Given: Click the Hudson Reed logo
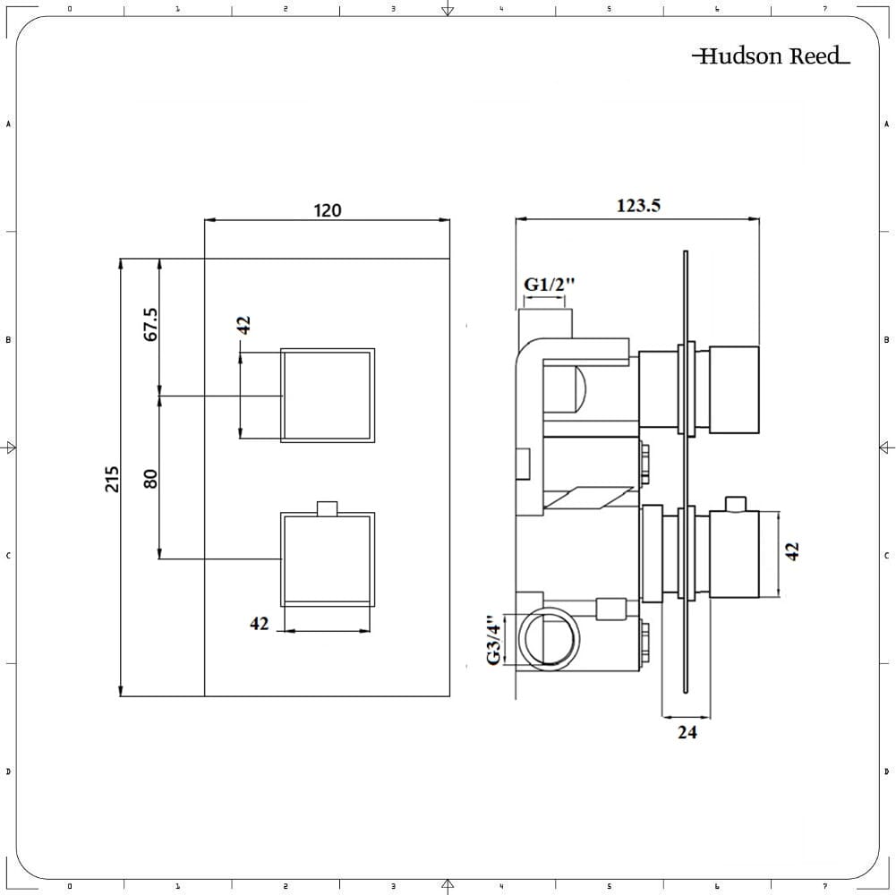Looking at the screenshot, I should point(770,56).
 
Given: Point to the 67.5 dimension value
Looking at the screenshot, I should point(150,324).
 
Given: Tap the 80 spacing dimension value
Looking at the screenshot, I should point(150,479).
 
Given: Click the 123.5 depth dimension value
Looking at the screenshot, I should point(638,205).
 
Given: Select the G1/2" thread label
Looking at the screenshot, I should point(549,285).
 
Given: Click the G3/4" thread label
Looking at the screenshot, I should point(491,640).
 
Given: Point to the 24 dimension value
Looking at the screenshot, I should point(687,732).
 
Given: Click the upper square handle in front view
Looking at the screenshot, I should point(328,395).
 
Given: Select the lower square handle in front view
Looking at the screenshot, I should point(328,559).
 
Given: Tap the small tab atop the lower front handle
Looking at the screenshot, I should point(328,508).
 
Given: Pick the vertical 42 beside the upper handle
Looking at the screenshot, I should point(243,324).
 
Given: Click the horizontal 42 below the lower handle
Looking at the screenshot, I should point(259,624).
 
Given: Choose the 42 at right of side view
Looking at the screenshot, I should point(791,551).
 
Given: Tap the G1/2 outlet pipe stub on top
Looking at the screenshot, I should point(544,320).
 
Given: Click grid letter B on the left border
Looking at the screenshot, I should point(8,340).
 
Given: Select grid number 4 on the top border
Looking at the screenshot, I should point(501,8).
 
